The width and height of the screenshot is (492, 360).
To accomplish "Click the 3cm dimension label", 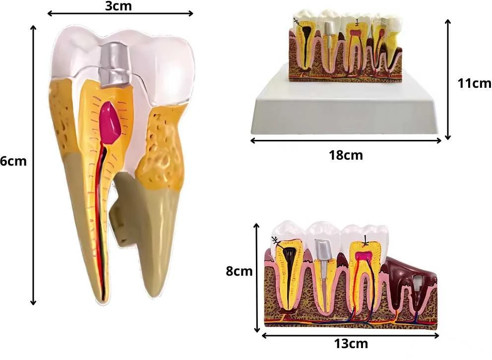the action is point(119,6).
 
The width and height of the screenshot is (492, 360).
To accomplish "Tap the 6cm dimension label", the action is point(13,161).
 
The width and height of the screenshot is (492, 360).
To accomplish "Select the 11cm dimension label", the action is point(474,83).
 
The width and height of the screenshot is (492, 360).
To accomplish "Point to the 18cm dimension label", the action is point(346,155).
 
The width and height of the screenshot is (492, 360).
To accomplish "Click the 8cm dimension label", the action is point(239,271).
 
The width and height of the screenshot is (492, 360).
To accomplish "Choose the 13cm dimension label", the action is point(351,344).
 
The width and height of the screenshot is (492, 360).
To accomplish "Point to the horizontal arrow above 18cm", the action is point(346,140).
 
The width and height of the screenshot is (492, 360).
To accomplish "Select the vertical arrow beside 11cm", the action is point(448,79).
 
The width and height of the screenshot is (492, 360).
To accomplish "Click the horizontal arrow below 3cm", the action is point(120,13).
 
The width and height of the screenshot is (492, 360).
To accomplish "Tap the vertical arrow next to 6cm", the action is point(33,165).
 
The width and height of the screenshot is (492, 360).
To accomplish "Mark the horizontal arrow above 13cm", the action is point(350,336).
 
